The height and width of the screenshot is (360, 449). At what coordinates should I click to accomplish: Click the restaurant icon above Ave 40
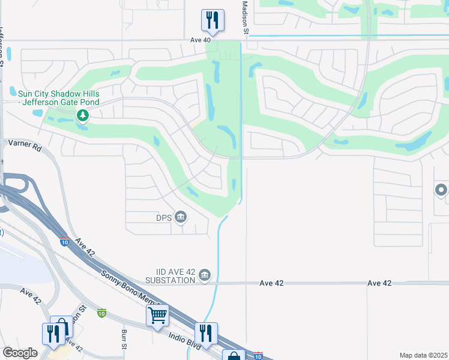[212, 20]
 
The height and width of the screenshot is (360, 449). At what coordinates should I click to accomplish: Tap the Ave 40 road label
[200, 40]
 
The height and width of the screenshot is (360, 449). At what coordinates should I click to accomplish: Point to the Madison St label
[245, 18]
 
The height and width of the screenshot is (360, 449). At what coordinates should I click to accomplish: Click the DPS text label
[164, 217]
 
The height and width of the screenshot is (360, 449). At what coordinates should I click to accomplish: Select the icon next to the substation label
[205, 275]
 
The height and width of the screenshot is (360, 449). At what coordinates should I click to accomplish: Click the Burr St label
[124, 339]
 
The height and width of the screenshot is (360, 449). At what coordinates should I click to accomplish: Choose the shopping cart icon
[157, 314]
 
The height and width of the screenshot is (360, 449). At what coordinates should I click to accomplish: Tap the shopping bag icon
[234, 355]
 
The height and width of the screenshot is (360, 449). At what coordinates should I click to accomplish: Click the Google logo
[20, 353]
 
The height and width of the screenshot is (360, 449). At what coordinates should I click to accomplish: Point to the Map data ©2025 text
[423, 355]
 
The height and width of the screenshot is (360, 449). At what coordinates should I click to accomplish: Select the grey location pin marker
[441, 191]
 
